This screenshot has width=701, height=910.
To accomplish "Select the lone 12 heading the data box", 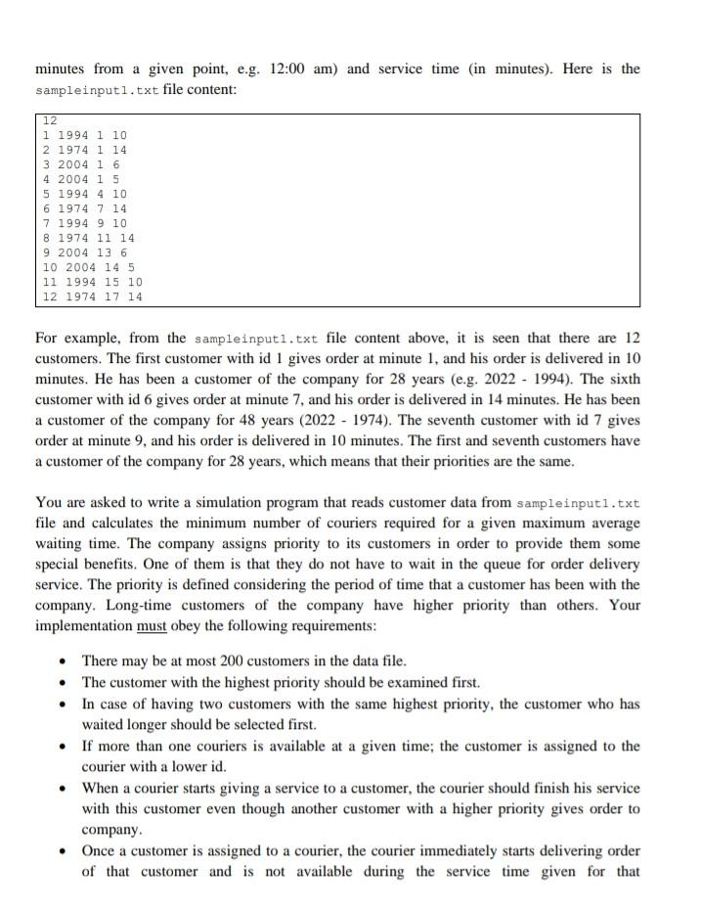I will (50, 120).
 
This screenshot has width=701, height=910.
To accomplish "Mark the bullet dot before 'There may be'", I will (62, 661).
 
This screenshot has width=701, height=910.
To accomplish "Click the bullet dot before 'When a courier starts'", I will (62, 789).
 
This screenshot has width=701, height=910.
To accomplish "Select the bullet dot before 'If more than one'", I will (62, 747).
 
